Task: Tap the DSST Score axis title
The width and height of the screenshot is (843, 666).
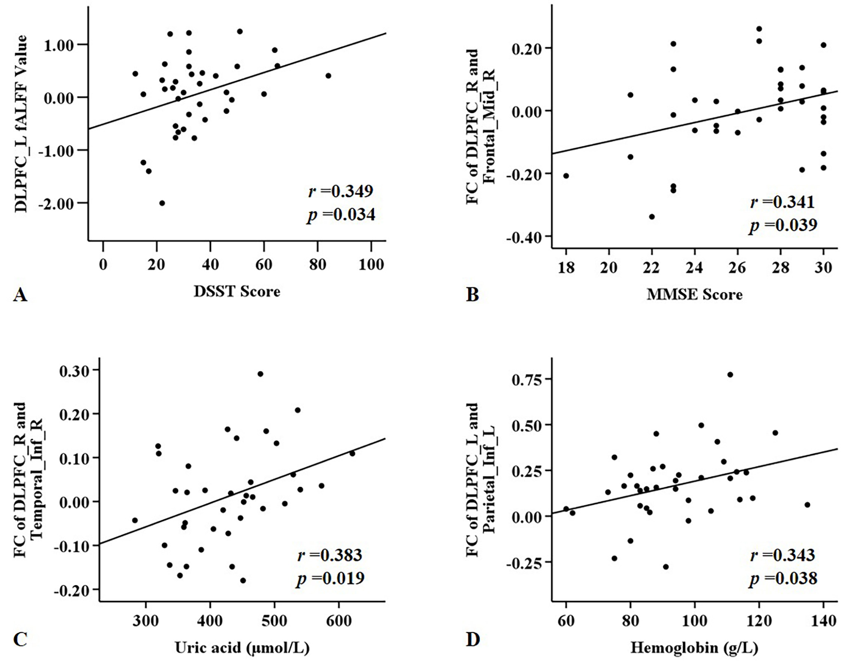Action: point(237,291)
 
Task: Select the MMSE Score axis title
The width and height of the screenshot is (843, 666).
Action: point(694,294)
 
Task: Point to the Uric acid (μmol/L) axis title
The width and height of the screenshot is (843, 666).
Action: point(242,648)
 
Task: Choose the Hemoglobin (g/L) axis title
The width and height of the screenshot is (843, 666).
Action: point(694,648)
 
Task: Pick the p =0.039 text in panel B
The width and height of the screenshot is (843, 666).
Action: point(783,225)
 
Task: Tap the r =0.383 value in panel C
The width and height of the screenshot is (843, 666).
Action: point(330,555)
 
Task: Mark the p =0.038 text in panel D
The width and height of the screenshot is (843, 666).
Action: point(783,578)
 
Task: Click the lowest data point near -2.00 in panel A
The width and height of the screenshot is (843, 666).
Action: point(162,203)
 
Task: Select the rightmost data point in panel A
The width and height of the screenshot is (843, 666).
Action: point(328,76)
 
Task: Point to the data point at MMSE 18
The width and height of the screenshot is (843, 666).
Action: point(566,176)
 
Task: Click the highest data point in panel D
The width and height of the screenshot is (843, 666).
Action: point(730,375)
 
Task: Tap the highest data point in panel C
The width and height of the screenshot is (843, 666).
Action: point(260,374)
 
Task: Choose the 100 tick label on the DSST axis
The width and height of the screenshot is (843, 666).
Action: point(371,265)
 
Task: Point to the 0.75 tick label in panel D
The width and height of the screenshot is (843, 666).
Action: point(527,379)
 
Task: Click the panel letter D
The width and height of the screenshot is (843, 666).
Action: point(473,640)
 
